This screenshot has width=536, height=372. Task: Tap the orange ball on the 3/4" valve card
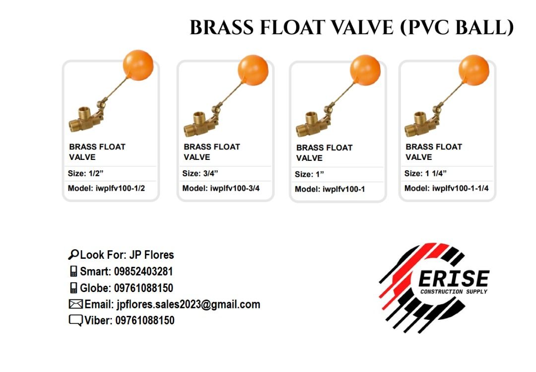click(253, 70)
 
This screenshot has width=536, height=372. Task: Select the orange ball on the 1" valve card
click(365, 70)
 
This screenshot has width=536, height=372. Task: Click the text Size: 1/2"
click(85, 173)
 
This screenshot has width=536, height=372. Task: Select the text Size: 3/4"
click(200, 173)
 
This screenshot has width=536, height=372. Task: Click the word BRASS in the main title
click(222, 28)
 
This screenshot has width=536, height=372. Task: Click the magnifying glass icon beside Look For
click(73, 255)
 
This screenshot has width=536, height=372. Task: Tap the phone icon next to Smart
click(73, 272)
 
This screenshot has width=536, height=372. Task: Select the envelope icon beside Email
click(75, 304)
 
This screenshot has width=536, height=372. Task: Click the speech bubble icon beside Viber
click(75, 321)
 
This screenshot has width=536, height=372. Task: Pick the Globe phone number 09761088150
click(143, 288)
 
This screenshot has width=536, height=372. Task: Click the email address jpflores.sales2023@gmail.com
click(188, 304)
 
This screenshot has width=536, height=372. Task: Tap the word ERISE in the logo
click(454, 279)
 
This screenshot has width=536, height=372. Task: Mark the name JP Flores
click(151, 255)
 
